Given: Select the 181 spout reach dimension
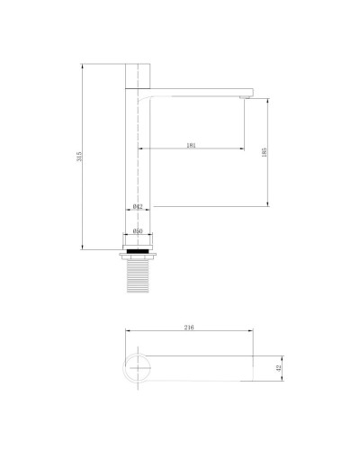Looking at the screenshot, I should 191,144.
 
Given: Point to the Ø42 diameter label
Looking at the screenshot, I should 138,206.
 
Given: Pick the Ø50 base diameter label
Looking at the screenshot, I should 138,231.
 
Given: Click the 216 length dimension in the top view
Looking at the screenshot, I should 189,328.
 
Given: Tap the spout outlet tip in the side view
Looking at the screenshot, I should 246,94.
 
